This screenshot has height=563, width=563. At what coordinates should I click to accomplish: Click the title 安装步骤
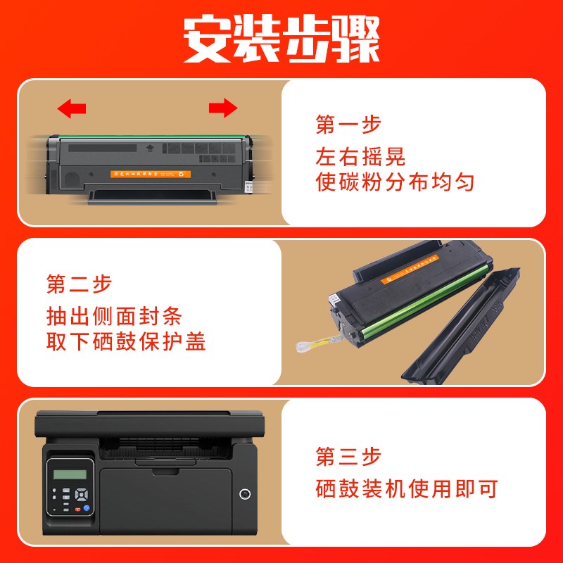tap(281, 40)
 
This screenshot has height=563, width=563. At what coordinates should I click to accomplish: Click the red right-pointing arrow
tap(223, 108)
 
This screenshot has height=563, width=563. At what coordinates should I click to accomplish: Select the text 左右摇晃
tap(360, 155)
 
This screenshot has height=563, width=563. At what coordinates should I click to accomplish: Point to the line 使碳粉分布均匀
tap(394, 183)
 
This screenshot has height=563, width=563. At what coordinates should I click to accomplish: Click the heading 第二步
tap(79, 284)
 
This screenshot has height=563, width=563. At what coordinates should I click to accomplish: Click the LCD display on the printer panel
tap(70, 474)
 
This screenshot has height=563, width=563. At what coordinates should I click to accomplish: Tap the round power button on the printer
tap(245, 493)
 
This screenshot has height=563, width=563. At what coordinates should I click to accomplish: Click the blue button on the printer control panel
tap(86, 507)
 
